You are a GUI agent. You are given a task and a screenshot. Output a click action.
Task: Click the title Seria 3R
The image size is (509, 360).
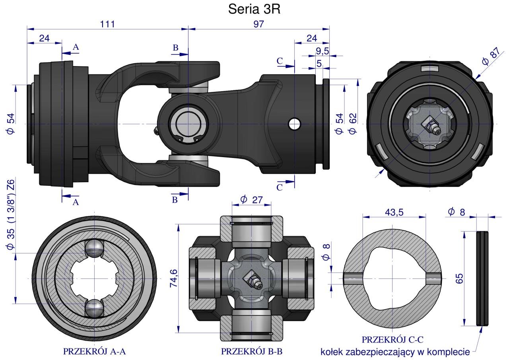click(x=254, y=9)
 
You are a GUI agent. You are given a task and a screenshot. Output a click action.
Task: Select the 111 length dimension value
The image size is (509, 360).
click(x=107, y=24)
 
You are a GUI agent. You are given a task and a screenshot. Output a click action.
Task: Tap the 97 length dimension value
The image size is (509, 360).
click(x=259, y=24)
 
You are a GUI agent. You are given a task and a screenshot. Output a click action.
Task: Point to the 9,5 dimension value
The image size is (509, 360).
click(x=322, y=51)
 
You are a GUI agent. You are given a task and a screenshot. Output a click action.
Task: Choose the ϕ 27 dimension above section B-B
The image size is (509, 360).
click(x=251, y=200)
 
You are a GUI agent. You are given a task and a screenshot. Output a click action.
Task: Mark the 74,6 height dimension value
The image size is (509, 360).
click(x=174, y=278)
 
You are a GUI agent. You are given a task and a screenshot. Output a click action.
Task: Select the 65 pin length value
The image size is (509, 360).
click(x=459, y=278)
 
